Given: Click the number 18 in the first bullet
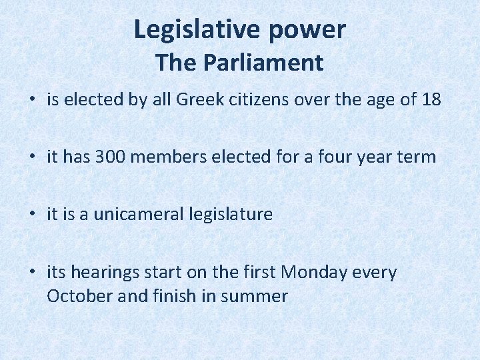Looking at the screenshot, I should (431, 100).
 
